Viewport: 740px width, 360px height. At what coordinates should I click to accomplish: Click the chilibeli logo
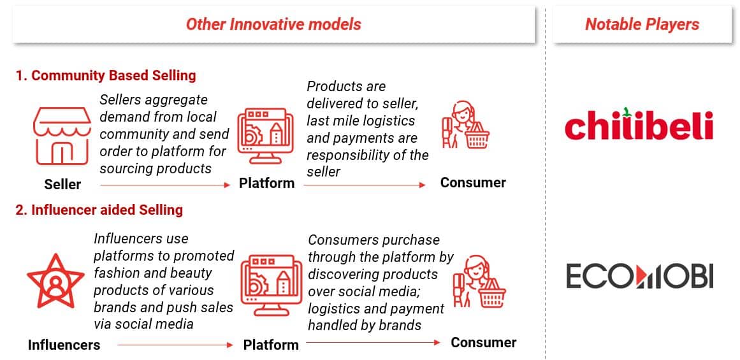coord(639,124)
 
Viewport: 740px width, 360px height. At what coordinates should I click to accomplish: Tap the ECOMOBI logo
coord(639,275)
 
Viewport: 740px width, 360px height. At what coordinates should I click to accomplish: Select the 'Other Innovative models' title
coord(273,25)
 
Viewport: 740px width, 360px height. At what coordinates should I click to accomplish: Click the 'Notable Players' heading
coord(642,25)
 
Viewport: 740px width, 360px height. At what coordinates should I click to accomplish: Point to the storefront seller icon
coord(62,135)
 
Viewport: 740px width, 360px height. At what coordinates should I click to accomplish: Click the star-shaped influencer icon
coord(55,281)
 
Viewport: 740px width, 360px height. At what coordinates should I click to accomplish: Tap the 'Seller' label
coord(62,185)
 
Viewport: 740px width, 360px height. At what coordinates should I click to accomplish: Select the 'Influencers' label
coord(64,345)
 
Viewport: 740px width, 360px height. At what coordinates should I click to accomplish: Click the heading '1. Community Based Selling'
coord(106,75)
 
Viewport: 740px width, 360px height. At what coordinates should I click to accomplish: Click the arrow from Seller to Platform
coord(164,185)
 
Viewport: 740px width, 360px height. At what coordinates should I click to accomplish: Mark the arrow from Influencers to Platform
coord(175,345)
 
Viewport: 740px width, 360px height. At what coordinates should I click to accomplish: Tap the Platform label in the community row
coord(266,183)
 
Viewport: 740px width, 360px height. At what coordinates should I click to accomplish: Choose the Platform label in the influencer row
coord(271,345)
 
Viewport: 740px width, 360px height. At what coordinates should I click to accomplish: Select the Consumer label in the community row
coord(473,183)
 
